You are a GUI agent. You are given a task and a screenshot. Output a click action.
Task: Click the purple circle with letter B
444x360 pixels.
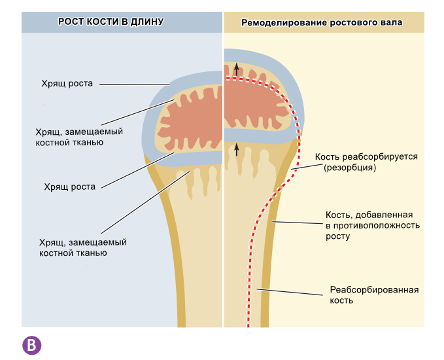31,345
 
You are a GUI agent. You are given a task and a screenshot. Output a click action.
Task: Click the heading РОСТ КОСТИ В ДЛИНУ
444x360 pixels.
111,22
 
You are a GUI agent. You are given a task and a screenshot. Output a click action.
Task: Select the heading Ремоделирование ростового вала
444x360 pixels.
322,22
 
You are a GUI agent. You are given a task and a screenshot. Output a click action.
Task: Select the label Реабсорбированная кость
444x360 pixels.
373,295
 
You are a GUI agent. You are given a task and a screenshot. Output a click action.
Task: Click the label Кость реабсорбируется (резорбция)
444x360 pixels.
366,162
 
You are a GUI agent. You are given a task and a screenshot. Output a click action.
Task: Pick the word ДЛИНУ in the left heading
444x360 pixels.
147,22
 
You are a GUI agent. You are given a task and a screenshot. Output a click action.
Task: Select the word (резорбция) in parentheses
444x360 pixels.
349,168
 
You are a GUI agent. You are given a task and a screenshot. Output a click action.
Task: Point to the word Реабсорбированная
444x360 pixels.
373,290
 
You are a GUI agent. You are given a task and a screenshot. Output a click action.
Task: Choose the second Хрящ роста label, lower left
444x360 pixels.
69,187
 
